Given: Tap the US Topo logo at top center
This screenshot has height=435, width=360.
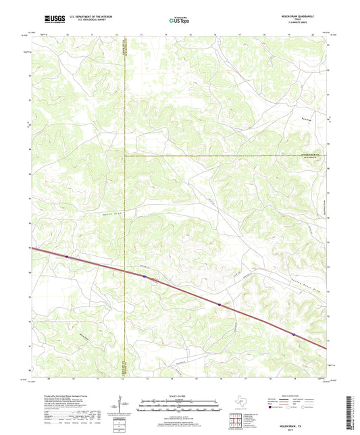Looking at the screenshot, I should pyautogui.click(x=180, y=22).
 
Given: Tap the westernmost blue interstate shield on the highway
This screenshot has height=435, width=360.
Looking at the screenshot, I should pyautogui.click(x=67, y=257).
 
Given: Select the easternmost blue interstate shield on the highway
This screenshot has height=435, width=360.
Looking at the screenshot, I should pyautogui.click(x=293, y=334).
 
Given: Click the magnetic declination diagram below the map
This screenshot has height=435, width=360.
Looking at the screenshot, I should pyautogui.click(x=120, y=408).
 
